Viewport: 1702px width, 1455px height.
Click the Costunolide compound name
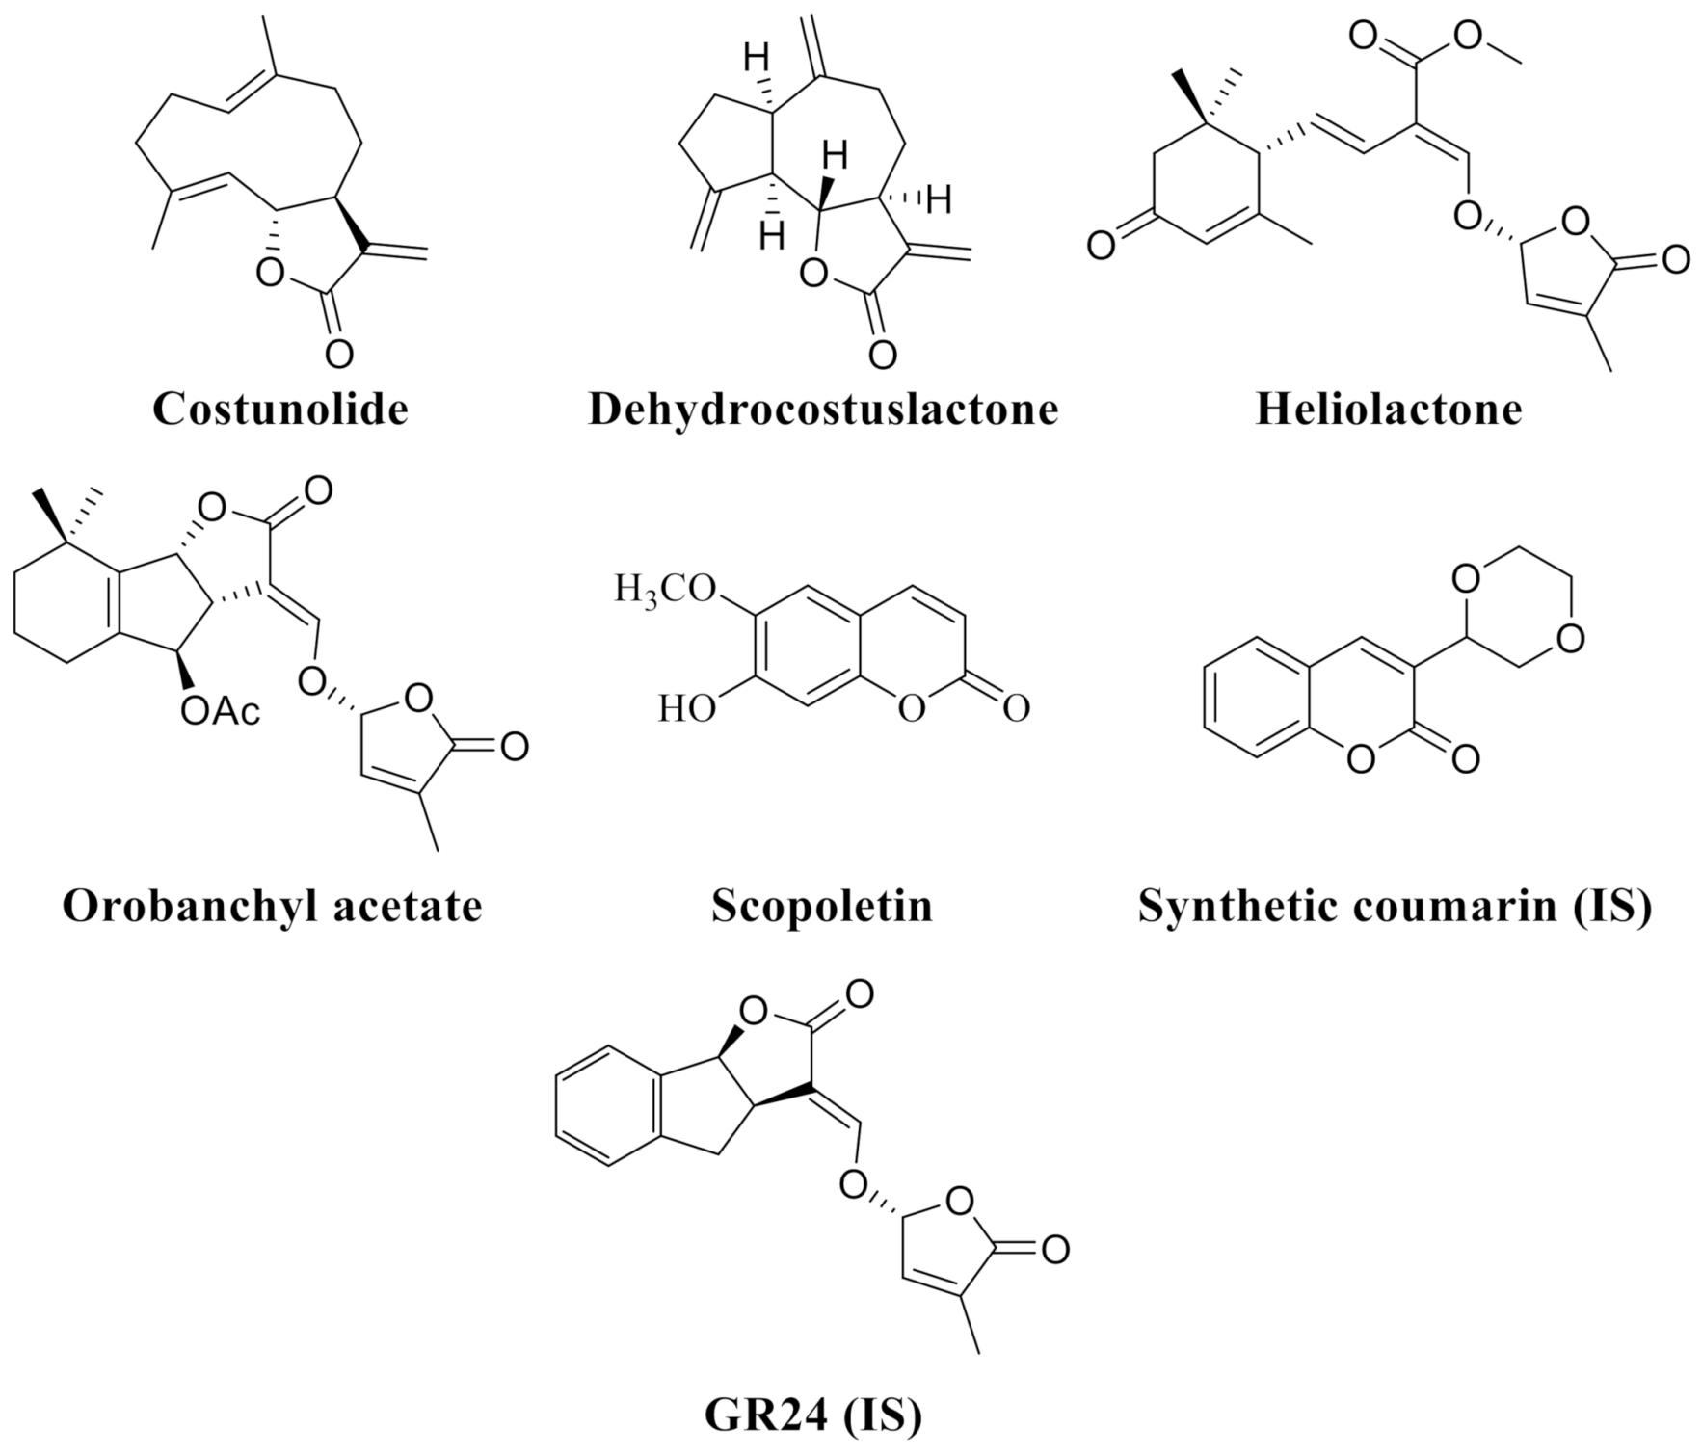[x=280, y=409]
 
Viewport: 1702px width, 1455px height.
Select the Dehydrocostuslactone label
[x=823, y=409]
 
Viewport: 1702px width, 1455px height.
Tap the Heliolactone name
[x=1389, y=409]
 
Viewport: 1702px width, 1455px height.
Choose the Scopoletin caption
[x=822, y=906]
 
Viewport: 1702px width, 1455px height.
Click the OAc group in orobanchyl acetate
[x=221, y=713]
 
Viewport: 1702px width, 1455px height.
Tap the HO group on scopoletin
[x=687, y=710]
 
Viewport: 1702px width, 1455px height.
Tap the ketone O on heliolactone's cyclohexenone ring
[x=1102, y=244]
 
